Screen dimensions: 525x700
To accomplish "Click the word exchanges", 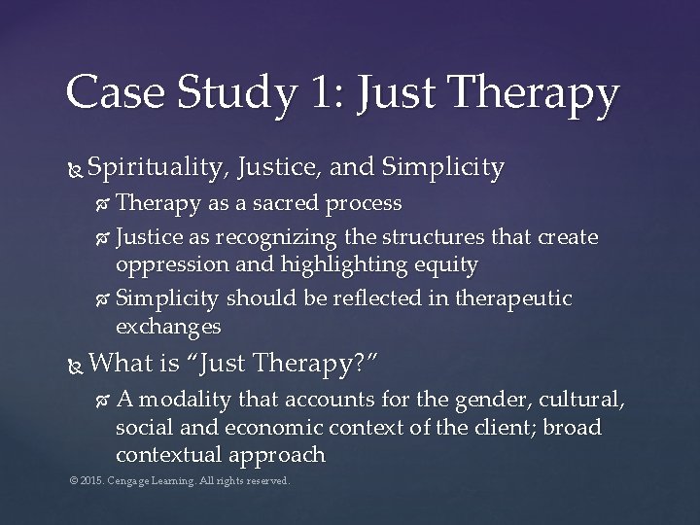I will point(168,328).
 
